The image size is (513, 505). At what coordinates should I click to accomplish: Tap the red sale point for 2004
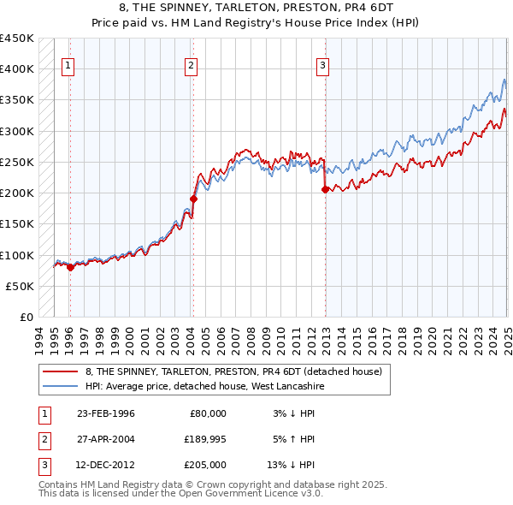point(193,199)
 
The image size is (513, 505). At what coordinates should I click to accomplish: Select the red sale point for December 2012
point(325,190)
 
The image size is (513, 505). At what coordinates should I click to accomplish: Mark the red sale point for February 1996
point(70,267)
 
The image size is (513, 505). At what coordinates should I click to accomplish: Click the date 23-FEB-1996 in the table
point(106,413)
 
